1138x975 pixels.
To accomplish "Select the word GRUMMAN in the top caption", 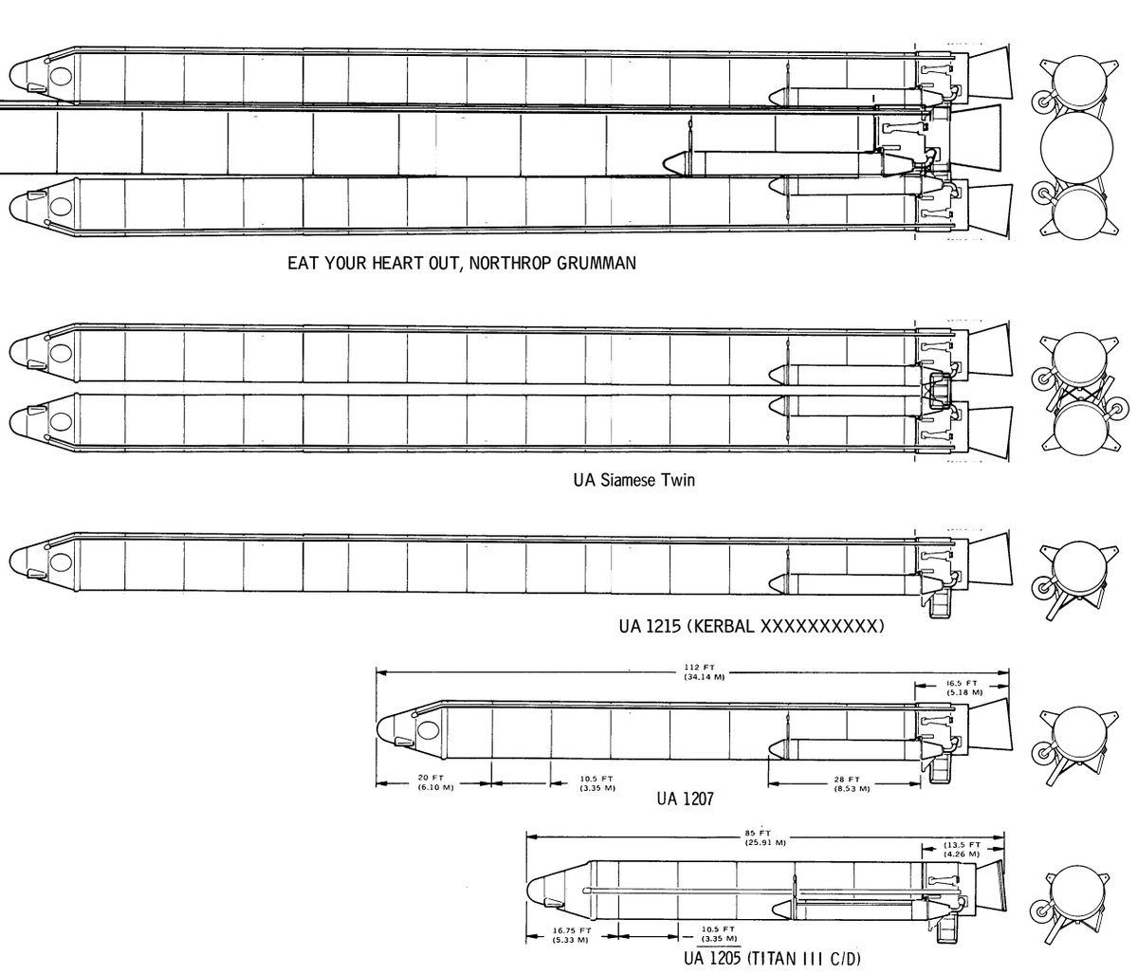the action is (597, 263).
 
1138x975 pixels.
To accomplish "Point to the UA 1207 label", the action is (685, 799).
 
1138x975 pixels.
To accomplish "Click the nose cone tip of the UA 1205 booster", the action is (527, 891).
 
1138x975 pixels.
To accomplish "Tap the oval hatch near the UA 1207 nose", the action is (428, 731).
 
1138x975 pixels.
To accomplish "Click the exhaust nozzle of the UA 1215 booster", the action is (990, 561).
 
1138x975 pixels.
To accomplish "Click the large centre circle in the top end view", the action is (1076, 148).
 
